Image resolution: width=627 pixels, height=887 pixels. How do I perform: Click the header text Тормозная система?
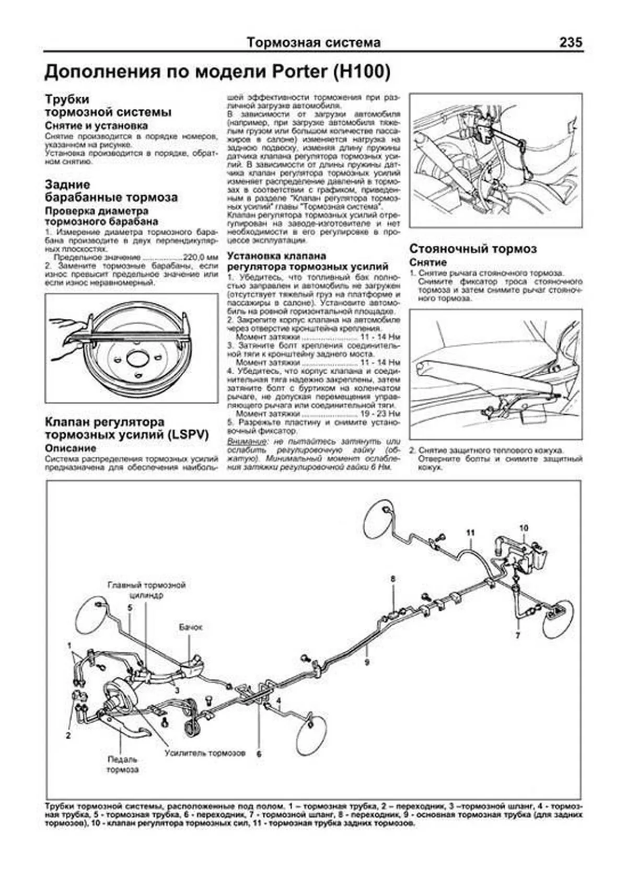[x=313, y=42]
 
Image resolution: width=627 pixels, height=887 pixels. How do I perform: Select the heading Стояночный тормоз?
[x=473, y=249]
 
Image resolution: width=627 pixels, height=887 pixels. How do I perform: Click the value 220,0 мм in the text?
[x=200, y=258]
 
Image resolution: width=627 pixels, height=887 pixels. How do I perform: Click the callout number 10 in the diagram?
[x=524, y=528]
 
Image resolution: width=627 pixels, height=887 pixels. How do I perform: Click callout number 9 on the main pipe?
[x=367, y=662]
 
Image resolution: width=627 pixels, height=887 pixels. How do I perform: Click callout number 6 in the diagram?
[x=258, y=754]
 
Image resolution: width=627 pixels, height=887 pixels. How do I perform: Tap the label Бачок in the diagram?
[x=190, y=627]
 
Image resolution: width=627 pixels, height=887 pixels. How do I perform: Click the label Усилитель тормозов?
[x=204, y=753]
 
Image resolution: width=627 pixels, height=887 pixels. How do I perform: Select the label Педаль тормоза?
[x=122, y=765]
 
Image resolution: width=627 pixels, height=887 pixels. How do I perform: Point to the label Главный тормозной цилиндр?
[x=147, y=590]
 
